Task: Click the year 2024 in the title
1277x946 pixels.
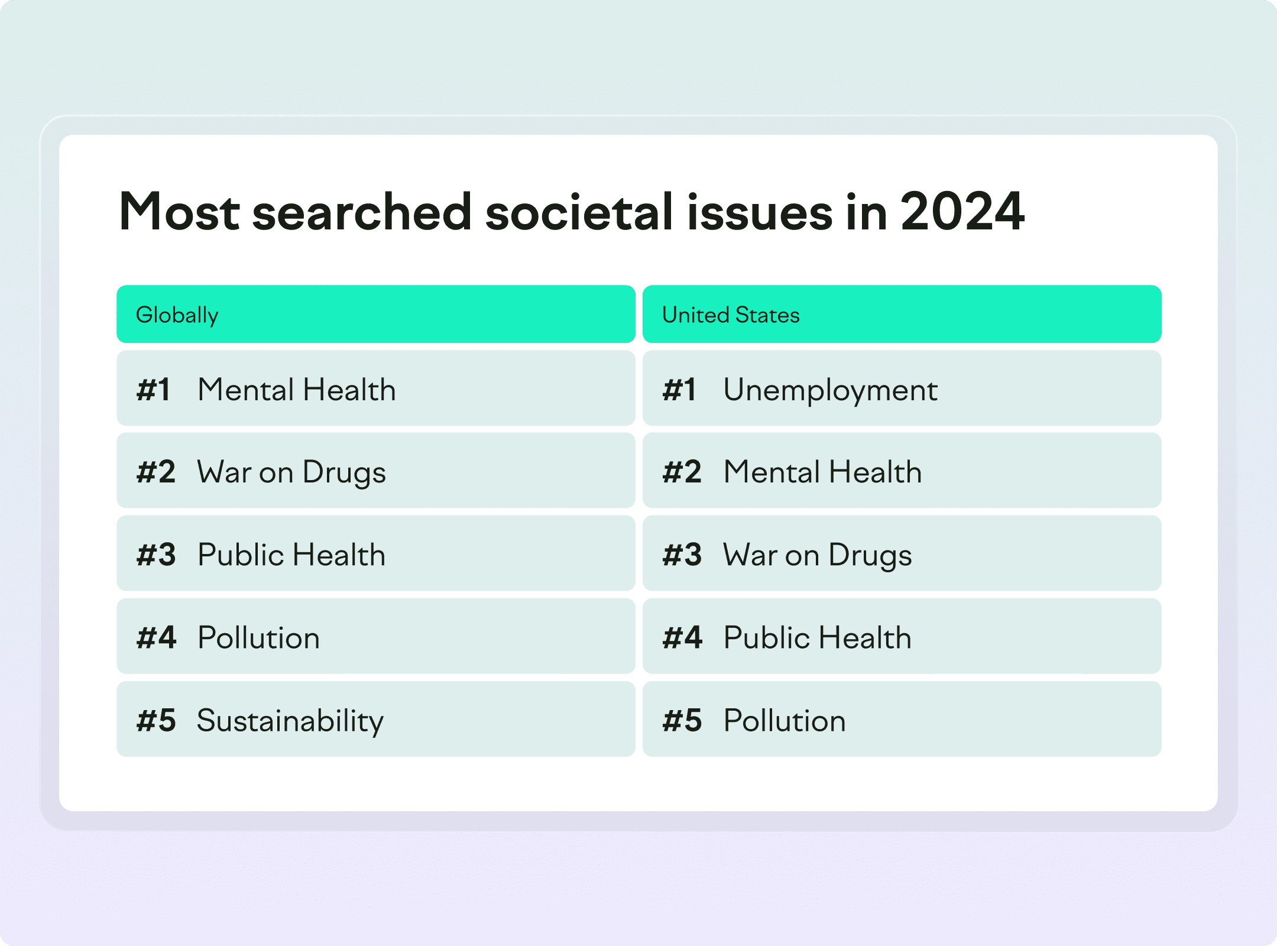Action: (x=962, y=212)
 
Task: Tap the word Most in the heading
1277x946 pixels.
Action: (x=179, y=212)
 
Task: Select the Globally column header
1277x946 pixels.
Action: (x=177, y=315)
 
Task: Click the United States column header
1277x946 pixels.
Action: (x=731, y=315)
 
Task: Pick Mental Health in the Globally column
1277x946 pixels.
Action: (x=297, y=390)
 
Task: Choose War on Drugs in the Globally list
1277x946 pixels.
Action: (x=291, y=474)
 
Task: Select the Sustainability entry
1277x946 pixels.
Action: (x=290, y=722)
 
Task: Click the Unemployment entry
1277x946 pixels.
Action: (x=831, y=391)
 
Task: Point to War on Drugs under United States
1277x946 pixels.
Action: (x=818, y=556)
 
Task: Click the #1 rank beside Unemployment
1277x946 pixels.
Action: (x=679, y=390)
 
